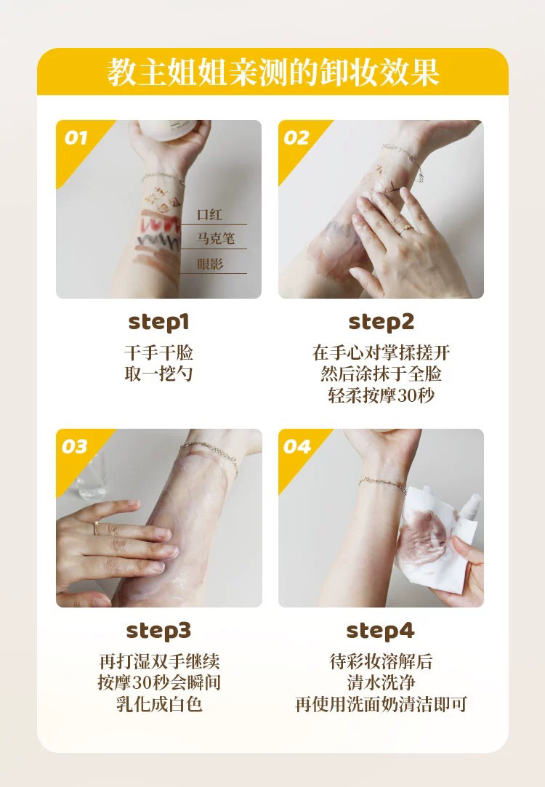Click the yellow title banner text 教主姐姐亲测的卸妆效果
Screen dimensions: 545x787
click(273, 72)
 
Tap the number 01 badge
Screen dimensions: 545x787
click(76, 137)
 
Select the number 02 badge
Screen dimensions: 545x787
click(296, 137)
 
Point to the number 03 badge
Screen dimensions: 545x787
click(75, 446)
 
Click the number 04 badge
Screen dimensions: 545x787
click(297, 446)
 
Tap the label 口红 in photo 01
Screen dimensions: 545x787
click(209, 215)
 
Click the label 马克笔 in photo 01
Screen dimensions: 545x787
click(215, 238)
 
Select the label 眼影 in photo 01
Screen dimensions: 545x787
click(210, 264)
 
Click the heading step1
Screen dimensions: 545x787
click(159, 322)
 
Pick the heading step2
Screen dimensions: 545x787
click(381, 322)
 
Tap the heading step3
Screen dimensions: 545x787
click(158, 631)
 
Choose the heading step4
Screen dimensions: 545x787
click(380, 631)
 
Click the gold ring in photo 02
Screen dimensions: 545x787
click(405, 230)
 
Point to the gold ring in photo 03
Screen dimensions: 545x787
click(96, 528)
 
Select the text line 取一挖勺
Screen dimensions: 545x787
click(158, 374)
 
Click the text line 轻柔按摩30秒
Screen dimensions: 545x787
click(381, 395)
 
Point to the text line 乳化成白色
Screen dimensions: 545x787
click(159, 704)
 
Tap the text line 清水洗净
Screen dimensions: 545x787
click(381, 682)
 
